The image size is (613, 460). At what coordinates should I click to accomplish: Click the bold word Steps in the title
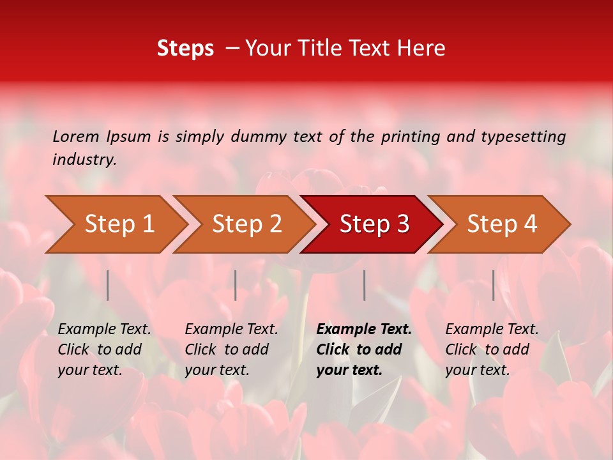point(185,49)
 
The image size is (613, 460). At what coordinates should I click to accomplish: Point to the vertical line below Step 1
point(108,285)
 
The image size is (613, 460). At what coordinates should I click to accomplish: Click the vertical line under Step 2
point(236,285)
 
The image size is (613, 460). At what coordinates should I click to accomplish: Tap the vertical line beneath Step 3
point(364,285)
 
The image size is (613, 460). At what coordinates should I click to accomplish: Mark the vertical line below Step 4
point(493,285)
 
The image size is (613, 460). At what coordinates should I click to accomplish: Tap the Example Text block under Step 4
point(492,349)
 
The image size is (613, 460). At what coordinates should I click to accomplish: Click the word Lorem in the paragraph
point(75,136)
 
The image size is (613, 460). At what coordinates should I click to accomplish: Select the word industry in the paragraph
point(84,160)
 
